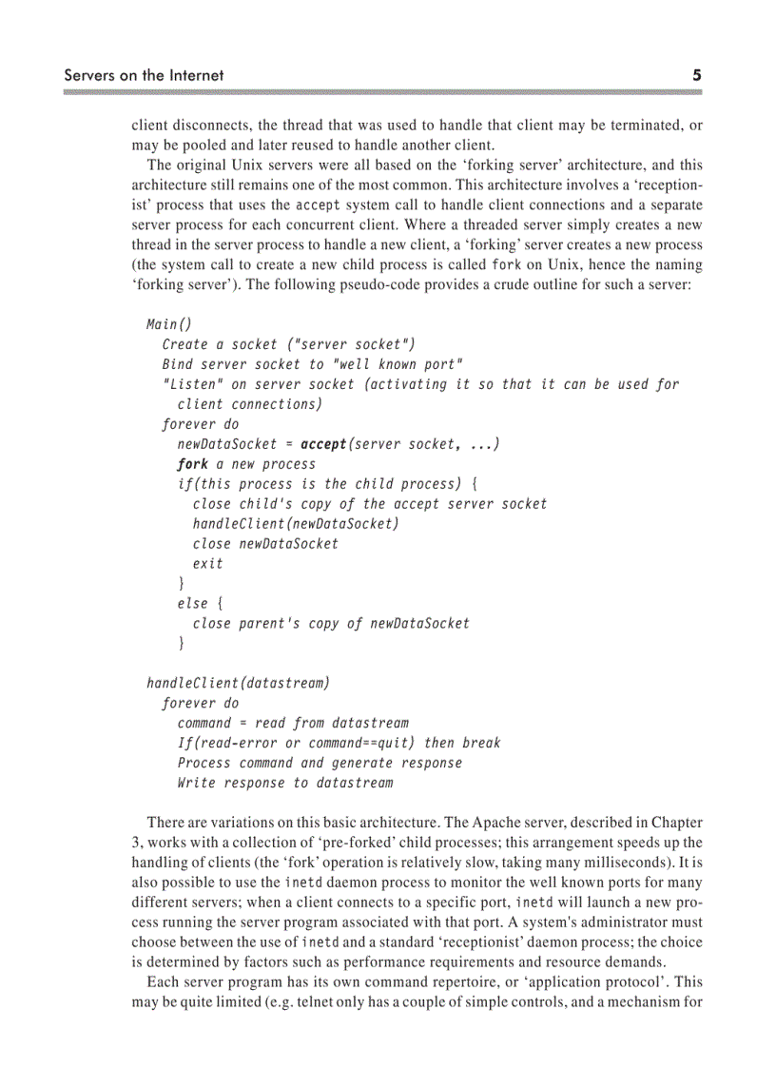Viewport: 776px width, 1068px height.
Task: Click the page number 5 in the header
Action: (x=696, y=75)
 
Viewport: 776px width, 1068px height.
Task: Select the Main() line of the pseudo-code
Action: (x=169, y=323)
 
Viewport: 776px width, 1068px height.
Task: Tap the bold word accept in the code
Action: (x=323, y=444)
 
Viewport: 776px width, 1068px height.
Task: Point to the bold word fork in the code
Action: (x=192, y=464)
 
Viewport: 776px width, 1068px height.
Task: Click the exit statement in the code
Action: (x=208, y=564)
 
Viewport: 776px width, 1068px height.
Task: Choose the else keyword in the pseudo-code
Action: (x=191, y=604)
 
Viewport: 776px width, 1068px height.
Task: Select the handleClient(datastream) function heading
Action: (x=238, y=684)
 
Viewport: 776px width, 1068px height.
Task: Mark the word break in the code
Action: (x=481, y=743)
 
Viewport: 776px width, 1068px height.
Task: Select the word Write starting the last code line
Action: (x=196, y=783)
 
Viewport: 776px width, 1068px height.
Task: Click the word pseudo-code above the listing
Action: (x=414, y=284)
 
